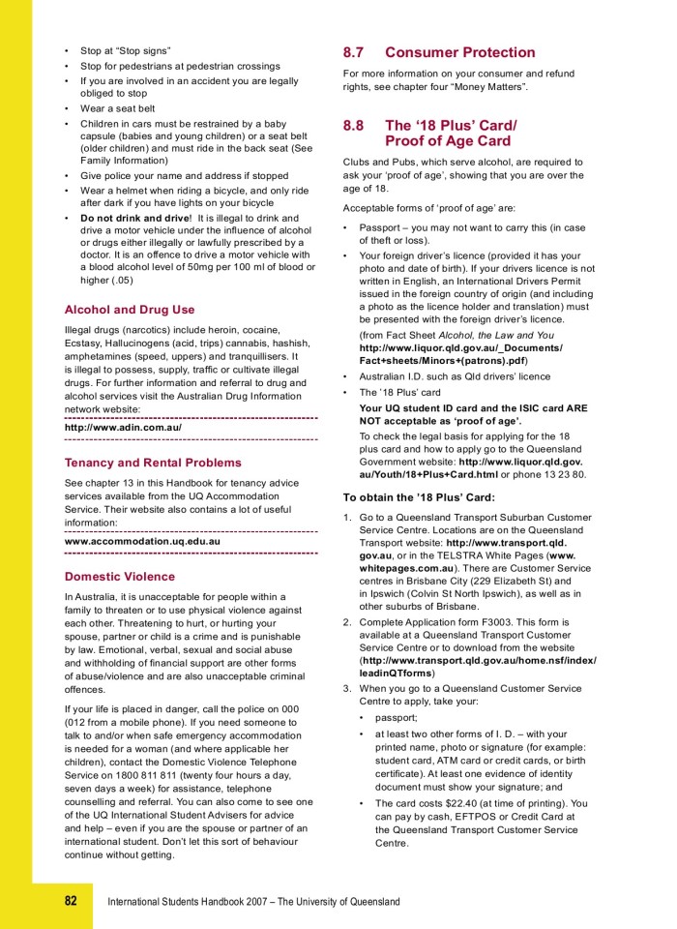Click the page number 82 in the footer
click(x=71, y=901)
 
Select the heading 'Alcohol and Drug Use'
click(x=129, y=310)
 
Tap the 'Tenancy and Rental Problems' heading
click(x=153, y=463)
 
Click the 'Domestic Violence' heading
click(x=120, y=577)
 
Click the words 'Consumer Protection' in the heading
click(x=459, y=52)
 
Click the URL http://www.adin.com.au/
click(x=123, y=427)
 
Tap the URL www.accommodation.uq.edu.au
click(x=142, y=541)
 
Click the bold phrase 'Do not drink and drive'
click(x=134, y=218)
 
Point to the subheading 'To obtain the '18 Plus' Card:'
click(x=419, y=497)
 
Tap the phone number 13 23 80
click(x=563, y=474)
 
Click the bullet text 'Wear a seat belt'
click(x=117, y=108)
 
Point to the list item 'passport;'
click(x=396, y=718)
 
